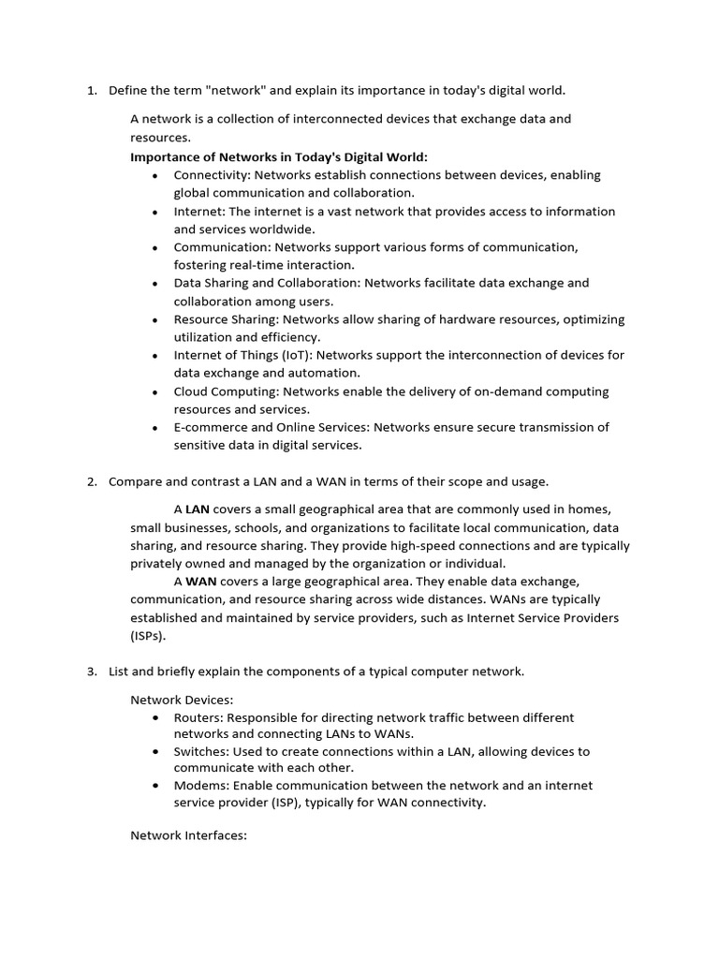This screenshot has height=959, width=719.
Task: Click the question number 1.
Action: pyautogui.click(x=91, y=91)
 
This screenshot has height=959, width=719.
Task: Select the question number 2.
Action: pyautogui.click(x=91, y=481)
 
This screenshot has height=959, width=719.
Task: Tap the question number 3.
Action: pyautogui.click(x=91, y=671)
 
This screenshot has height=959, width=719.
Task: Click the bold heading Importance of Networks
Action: pyautogui.click(x=278, y=156)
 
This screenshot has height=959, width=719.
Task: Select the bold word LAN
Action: pyautogui.click(x=198, y=509)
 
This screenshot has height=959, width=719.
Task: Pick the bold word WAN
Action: pyautogui.click(x=200, y=582)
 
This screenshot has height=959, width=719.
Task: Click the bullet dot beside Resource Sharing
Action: pyautogui.click(x=154, y=319)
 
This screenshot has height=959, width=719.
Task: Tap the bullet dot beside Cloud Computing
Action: pyautogui.click(x=154, y=391)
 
